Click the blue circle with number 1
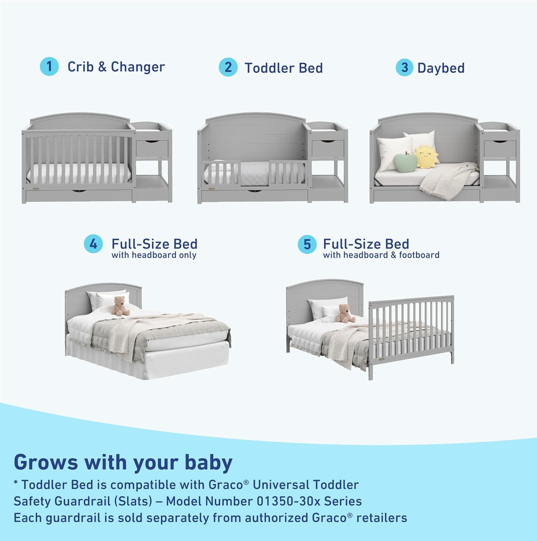point(49,67)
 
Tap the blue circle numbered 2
point(228,67)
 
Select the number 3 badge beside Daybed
point(405,67)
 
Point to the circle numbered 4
point(93,244)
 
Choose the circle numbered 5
point(307,244)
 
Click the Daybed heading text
point(441,68)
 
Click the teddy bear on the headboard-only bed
point(120,306)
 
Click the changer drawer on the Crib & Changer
point(152,149)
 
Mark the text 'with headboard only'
point(154,255)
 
